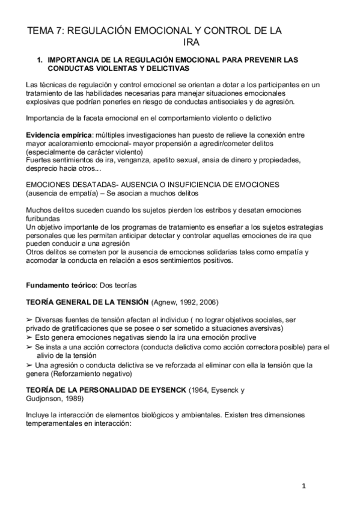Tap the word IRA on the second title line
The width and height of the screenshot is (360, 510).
(191, 43)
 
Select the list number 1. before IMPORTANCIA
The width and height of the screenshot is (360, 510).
(40, 61)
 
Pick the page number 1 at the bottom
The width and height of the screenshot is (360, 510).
(305, 486)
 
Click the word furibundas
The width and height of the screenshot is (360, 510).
(44, 220)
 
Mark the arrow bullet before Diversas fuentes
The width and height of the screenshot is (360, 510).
(29, 320)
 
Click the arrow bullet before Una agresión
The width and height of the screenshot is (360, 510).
(29, 365)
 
